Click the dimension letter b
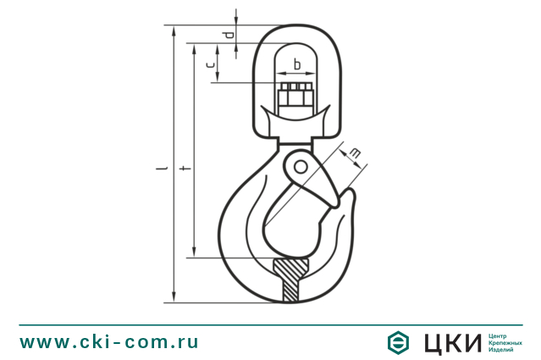tap(296, 64)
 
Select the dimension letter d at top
tap(226, 35)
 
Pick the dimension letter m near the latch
tap(355, 152)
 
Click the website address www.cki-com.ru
tap(109, 342)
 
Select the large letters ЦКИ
tap(450, 342)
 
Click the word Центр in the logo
tap(500, 335)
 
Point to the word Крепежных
tap(506, 342)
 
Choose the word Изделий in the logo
tap(503, 350)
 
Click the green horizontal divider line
tap(270, 324)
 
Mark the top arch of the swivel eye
tap(296, 30)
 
